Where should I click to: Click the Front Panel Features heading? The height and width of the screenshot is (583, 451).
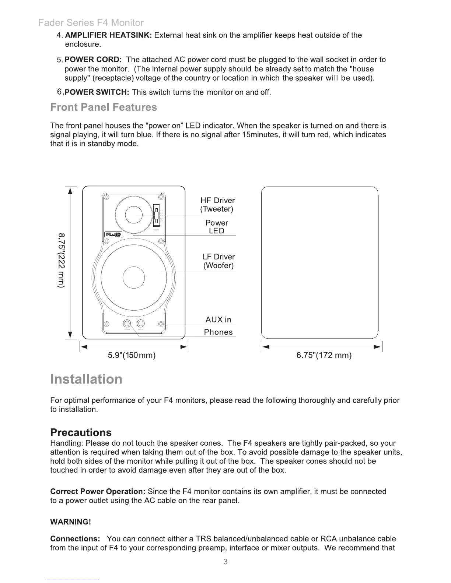tap(104, 107)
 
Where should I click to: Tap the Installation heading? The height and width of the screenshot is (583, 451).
tap(86, 379)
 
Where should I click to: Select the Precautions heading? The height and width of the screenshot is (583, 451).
tap(81, 432)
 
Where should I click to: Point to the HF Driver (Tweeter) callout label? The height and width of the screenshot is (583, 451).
tap(217, 205)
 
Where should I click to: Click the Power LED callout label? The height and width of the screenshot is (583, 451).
tap(217, 227)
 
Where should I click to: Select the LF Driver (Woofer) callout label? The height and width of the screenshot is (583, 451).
tap(218, 261)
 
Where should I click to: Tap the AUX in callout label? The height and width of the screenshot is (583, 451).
tap(218, 319)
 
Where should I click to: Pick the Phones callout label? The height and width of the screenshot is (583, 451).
tap(218, 332)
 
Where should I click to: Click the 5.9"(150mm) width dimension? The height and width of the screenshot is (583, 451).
tap(132, 355)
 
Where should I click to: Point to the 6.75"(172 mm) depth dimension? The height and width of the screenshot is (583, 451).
tap(324, 355)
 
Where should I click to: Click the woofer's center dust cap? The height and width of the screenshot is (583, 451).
tap(134, 278)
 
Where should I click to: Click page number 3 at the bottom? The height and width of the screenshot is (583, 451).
tap(225, 562)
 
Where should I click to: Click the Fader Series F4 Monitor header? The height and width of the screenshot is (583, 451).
tap(91, 23)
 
